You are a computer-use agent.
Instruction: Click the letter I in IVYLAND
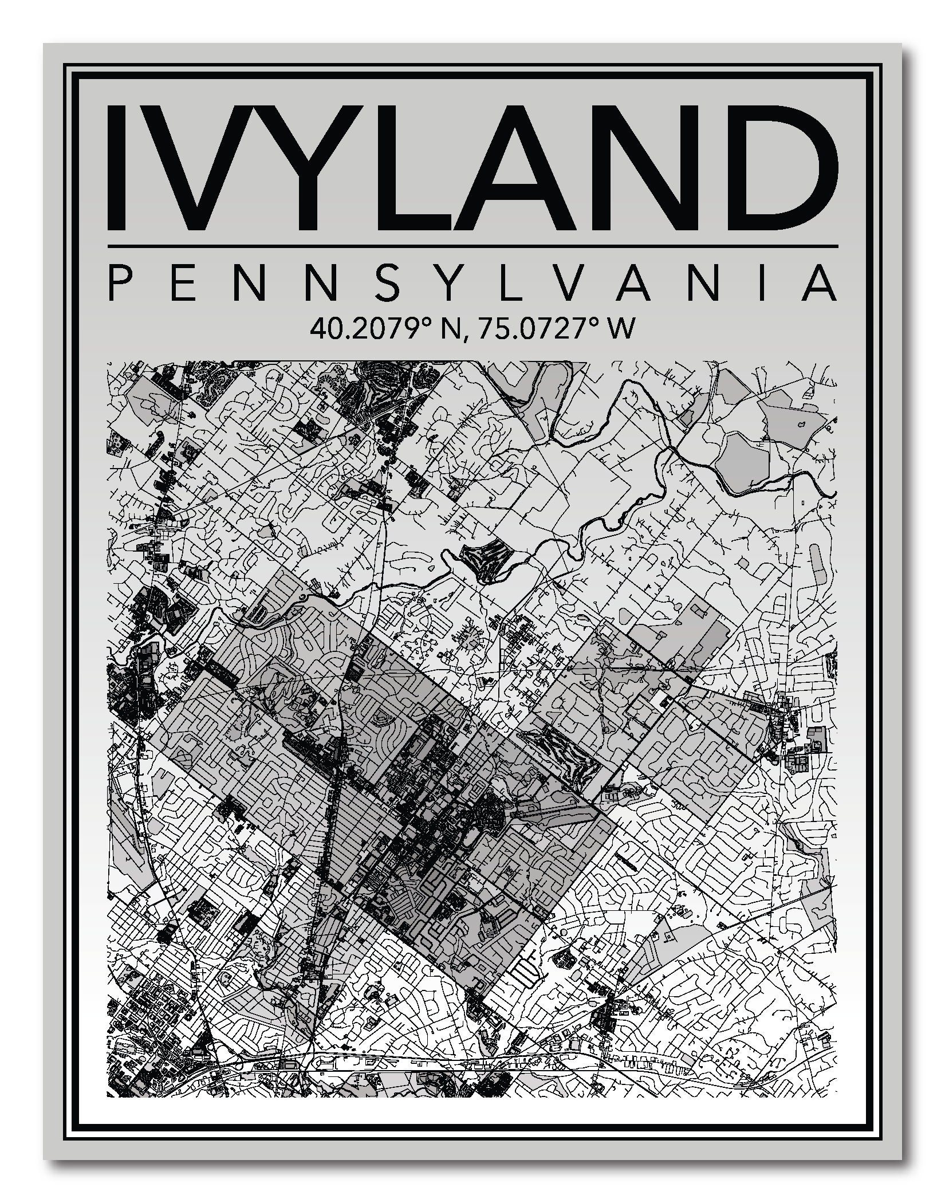point(119,167)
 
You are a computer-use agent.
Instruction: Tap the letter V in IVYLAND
point(188,167)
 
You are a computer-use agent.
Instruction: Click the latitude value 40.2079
point(371,329)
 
